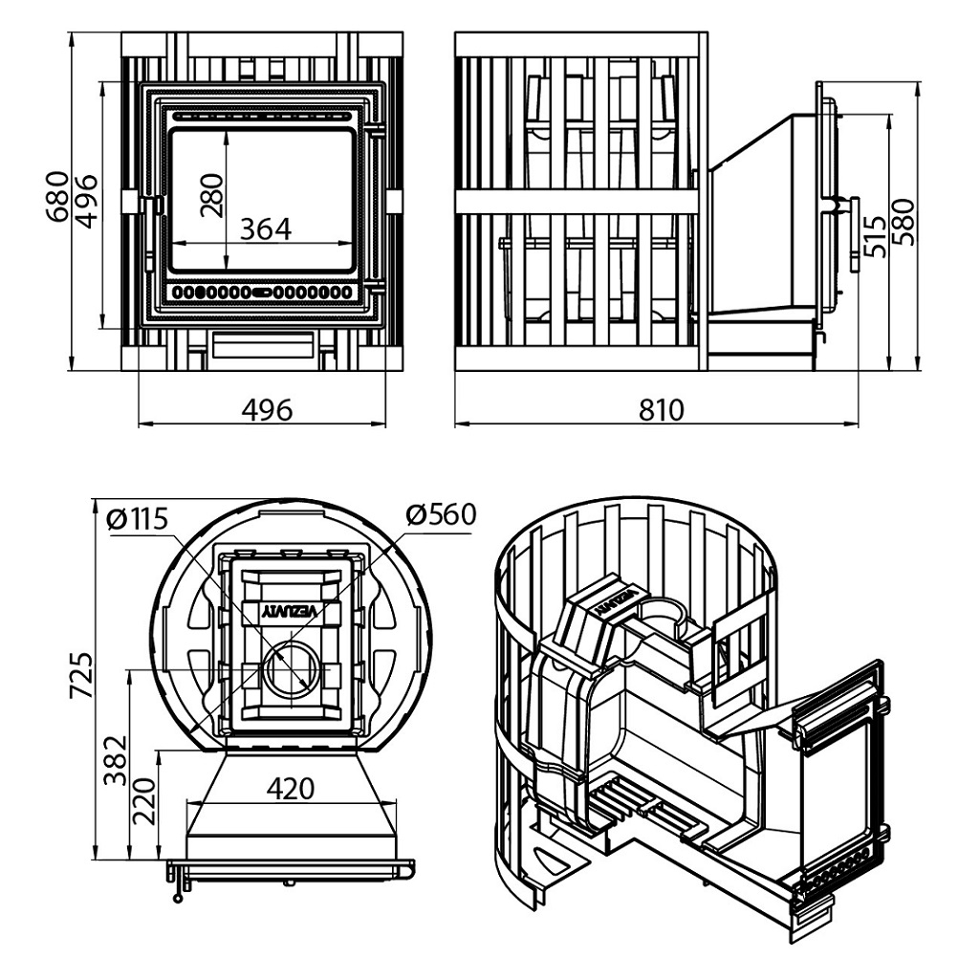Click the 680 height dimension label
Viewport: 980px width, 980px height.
click(x=56, y=196)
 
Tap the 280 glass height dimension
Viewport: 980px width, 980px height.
click(x=212, y=195)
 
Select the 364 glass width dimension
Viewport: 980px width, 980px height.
click(x=266, y=229)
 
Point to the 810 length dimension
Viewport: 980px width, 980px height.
click(x=662, y=410)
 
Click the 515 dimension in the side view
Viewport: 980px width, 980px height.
click(x=875, y=236)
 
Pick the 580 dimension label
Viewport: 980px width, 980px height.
click(x=904, y=222)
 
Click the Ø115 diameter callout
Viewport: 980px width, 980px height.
click(x=137, y=519)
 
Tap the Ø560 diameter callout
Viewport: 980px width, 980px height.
click(x=441, y=514)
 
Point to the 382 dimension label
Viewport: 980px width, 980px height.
click(x=117, y=760)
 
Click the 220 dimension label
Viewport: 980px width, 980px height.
click(x=144, y=801)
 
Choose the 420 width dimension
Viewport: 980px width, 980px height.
click(x=291, y=788)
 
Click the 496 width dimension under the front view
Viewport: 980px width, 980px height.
click(x=267, y=410)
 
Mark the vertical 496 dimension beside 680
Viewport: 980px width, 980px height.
click(x=85, y=201)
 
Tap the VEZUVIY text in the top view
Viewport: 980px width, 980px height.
click(x=292, y=612)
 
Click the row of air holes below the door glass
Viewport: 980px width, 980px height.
click(x=261, y=292)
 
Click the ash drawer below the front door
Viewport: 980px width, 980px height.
click(x=263, y=344)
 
